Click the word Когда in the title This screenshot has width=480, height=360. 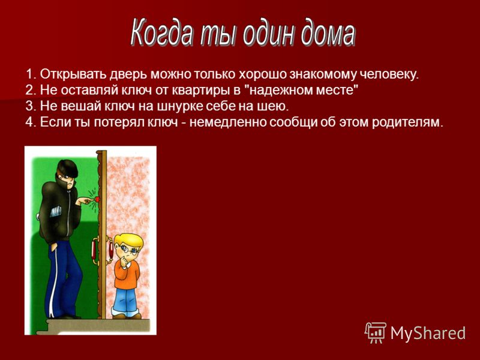[162, 32]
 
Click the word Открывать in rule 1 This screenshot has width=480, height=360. [73, 74]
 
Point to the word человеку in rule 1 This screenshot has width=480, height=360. [389, 74]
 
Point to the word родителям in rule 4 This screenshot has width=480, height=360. [407, 123]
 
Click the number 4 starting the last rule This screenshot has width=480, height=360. [29, 122]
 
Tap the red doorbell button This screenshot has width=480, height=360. [97, 199]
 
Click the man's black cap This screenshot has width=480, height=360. [67, 168]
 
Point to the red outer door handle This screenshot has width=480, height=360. [94, 251]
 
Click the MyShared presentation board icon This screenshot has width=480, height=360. [376, 332]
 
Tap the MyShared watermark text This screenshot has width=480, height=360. [428, 334]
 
